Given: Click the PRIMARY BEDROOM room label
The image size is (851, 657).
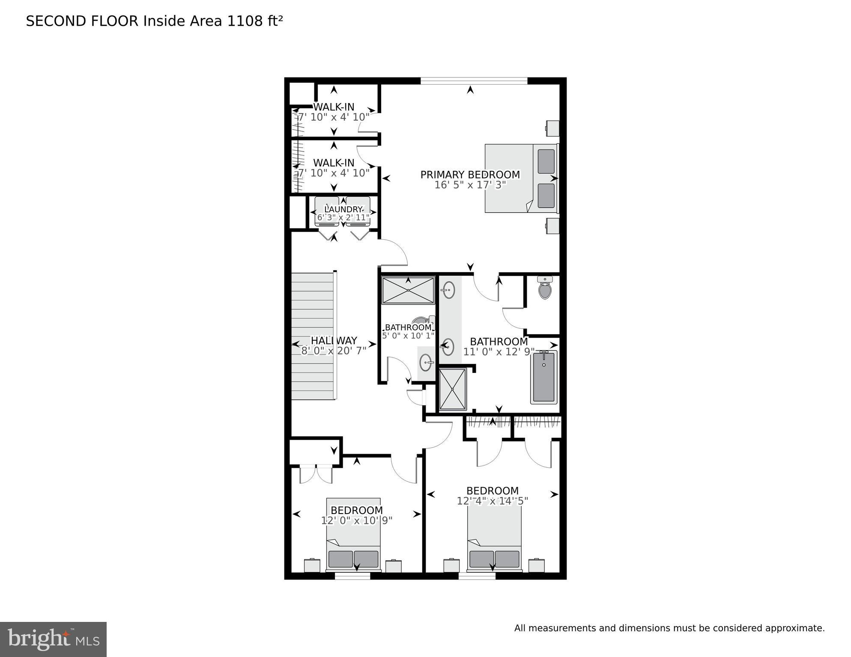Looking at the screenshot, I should click(x=470, y=175).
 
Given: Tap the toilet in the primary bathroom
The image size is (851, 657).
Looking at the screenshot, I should click(x=544, y=288).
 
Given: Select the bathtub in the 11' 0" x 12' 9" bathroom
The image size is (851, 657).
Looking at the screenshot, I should click(x=544, y=377).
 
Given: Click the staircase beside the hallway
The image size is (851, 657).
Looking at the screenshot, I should click(x=313, y=336).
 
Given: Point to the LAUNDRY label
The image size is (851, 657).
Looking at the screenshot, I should click(x=343, y=209).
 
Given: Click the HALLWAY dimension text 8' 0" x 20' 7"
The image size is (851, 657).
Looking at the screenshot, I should click(x=334, y=351).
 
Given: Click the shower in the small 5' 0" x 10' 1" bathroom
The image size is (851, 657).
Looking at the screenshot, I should click(x=408, y=290).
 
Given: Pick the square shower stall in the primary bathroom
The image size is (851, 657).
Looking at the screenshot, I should click(x=453, y=389).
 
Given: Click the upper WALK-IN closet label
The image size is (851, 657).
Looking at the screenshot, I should click(x=334, y=107).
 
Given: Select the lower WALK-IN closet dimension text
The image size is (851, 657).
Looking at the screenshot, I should click(x=334, y=173).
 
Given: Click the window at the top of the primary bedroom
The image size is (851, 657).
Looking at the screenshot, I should click(x=474, y=80).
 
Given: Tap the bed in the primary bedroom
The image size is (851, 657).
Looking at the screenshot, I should click(x=521, y=178).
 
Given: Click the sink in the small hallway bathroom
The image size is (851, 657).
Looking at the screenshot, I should click(x=427, y=363).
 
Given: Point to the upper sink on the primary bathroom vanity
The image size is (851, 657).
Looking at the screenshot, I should click(x=448, y=290).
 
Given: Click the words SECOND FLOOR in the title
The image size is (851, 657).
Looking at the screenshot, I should click(x=82, y=21).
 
